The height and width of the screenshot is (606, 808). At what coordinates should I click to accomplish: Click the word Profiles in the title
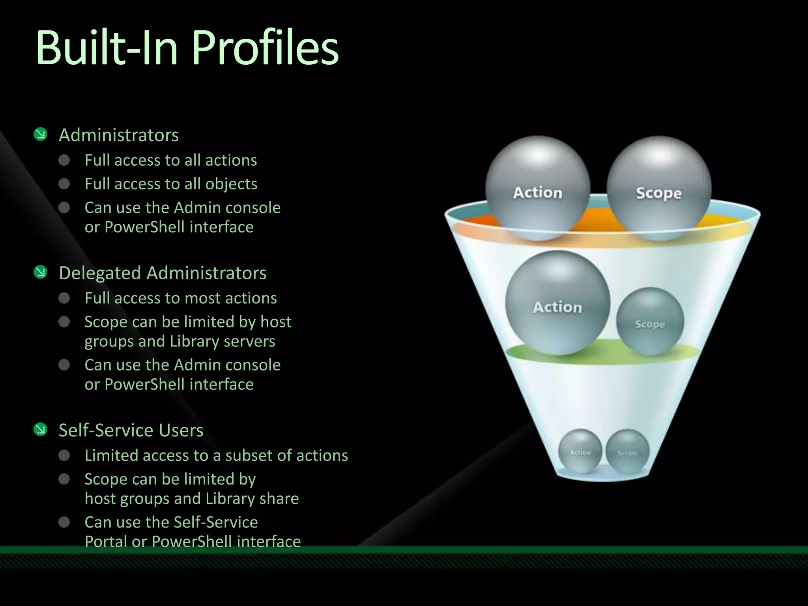coord(265,48)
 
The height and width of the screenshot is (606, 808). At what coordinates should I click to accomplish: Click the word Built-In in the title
coord(107,48)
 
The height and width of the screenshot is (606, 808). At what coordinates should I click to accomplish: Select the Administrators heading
coord(119,135)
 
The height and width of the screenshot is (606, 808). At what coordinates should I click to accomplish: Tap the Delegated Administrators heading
coord(163,273)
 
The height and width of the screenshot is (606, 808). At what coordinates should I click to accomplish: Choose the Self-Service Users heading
coord(131,430)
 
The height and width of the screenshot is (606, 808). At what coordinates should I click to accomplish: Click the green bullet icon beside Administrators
coord(41,135)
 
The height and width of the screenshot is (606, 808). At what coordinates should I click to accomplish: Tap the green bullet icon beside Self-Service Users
coord(41,430)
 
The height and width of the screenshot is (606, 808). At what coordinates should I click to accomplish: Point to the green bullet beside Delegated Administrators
coord(41,272)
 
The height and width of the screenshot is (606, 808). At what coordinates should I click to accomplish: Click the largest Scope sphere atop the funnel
coord(658,189)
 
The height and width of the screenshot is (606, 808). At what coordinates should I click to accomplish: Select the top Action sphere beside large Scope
coord(537,189)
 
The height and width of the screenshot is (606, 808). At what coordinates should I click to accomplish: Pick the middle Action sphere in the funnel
coord(557,303)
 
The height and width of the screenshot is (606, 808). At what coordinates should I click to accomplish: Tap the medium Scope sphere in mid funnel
coord(650,321)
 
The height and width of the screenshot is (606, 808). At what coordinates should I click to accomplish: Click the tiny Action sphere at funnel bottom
coord(580,451)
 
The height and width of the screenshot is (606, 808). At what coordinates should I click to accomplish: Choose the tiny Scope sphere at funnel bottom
coord(627,451)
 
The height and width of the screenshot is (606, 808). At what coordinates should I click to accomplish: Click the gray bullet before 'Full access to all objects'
coord(64,184)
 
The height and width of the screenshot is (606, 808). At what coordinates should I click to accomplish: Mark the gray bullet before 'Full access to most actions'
coord(64,298)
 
